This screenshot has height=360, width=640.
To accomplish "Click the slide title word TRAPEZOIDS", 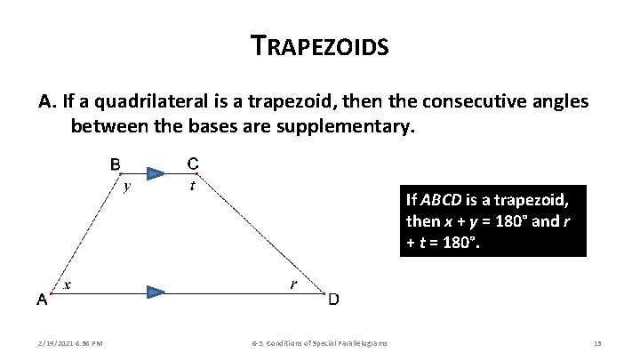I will click(x=320, y=45).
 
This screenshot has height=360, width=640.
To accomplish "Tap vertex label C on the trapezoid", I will click(x=193, y=163).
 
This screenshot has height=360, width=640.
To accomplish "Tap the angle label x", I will click(x=68, y=284).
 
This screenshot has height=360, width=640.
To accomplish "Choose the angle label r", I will click(x=292, y=284).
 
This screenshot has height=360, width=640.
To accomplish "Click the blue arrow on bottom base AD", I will click(x=156, y=291).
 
